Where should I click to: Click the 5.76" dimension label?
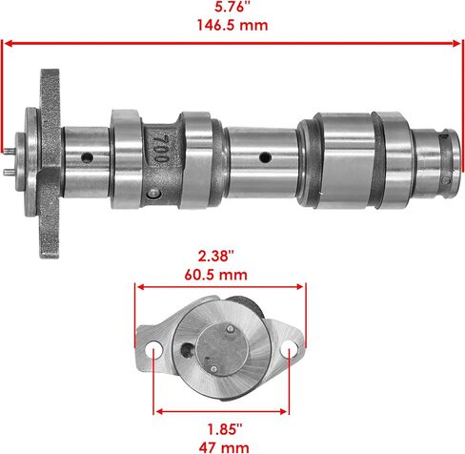(232, 7)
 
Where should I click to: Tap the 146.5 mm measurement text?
(232, 25)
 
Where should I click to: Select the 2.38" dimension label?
(216, 256)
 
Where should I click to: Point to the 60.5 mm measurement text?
(215, 275)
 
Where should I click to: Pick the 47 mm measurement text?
(224, 447)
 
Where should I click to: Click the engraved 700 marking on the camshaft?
(160, 149)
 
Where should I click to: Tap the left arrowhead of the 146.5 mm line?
(9, 44)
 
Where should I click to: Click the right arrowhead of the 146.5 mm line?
(456, 44)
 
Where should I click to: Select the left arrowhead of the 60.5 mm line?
(141, 287)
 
